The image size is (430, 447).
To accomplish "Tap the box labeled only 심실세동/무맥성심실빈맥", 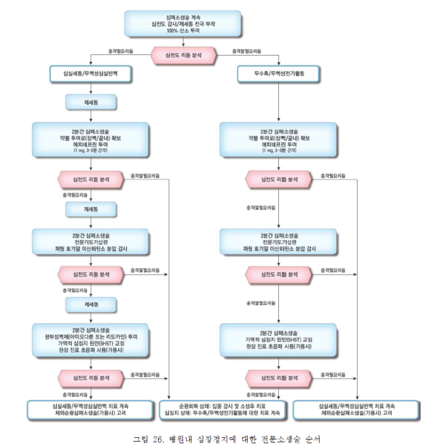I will click(x=90, y=74).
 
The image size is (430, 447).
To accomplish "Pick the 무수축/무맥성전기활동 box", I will click(x=278, y=74).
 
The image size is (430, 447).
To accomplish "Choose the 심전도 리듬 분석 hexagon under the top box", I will click(x=183, y=55).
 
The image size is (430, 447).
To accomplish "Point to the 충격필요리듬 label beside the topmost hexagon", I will click(x=120, y=51).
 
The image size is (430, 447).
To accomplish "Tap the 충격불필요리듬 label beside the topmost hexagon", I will click(x=248, y=51).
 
